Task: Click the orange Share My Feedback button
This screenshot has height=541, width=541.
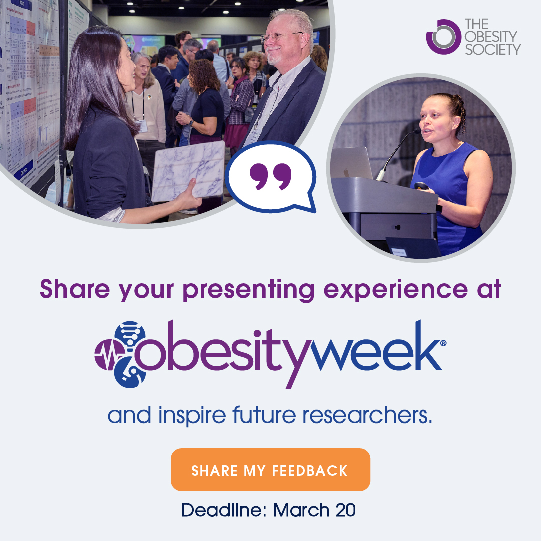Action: pos(270,469)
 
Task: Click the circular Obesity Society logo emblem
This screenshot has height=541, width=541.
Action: pos(443,37)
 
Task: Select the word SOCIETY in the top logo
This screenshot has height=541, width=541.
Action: pos(493,49)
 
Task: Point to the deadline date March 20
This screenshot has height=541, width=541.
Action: pos(315,510)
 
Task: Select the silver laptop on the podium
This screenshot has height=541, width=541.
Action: pos(351,163)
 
